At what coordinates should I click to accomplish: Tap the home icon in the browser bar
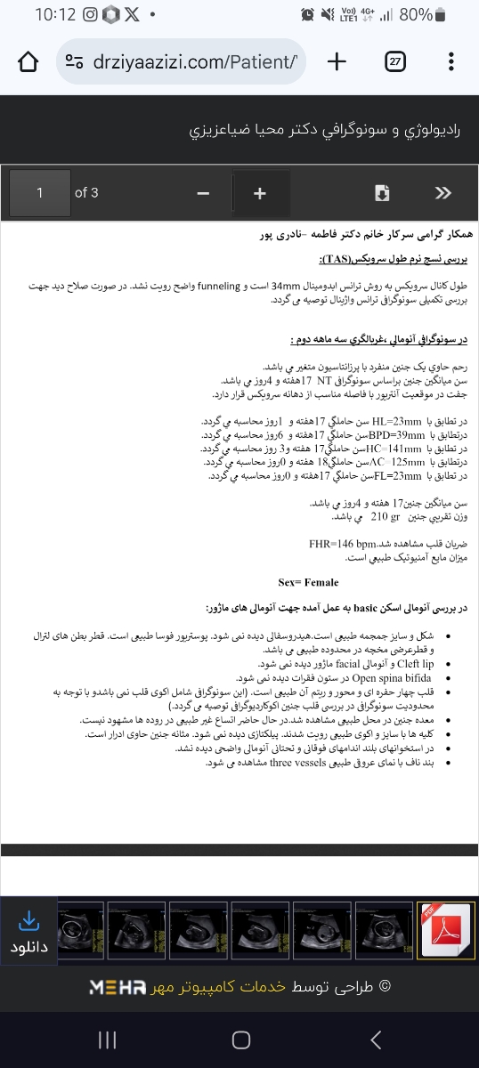point(28,61)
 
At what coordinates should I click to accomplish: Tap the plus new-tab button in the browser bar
point(337,61)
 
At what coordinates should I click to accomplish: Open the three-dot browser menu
point(451,61)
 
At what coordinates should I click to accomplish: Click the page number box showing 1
point(39,193)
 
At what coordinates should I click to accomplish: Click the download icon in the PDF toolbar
point(382,193)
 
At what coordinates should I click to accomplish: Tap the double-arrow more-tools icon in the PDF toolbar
point(442,193)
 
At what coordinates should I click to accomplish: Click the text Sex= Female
point(308,582)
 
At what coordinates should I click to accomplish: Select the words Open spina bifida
point(394,676)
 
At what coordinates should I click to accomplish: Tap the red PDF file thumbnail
point(444,931)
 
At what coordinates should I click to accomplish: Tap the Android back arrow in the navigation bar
point(376,1040)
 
